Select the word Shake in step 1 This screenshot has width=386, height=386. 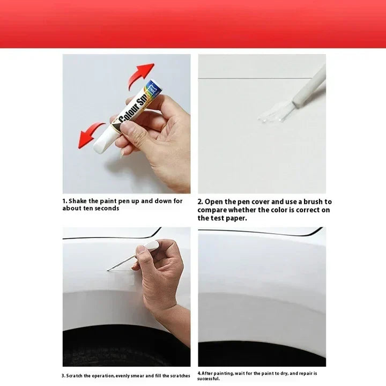click(78, 201)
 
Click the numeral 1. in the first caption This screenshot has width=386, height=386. click(64, 201)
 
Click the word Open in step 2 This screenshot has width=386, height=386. click(214, 202)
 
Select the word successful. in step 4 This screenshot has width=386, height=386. click(209, 378)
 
